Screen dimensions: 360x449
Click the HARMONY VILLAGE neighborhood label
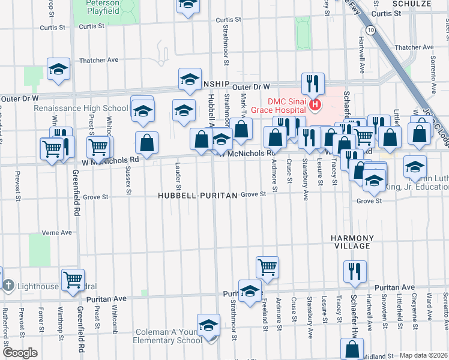coord(352,242)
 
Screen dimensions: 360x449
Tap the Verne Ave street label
coord(56,233)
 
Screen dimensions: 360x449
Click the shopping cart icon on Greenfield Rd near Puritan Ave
coord(73,279)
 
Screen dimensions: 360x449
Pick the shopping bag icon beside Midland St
coord(352,349)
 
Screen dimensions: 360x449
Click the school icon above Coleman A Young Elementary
coord(208,325)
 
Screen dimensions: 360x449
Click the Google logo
coord(20,353)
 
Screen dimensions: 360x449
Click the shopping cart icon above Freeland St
coord(267,267)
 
